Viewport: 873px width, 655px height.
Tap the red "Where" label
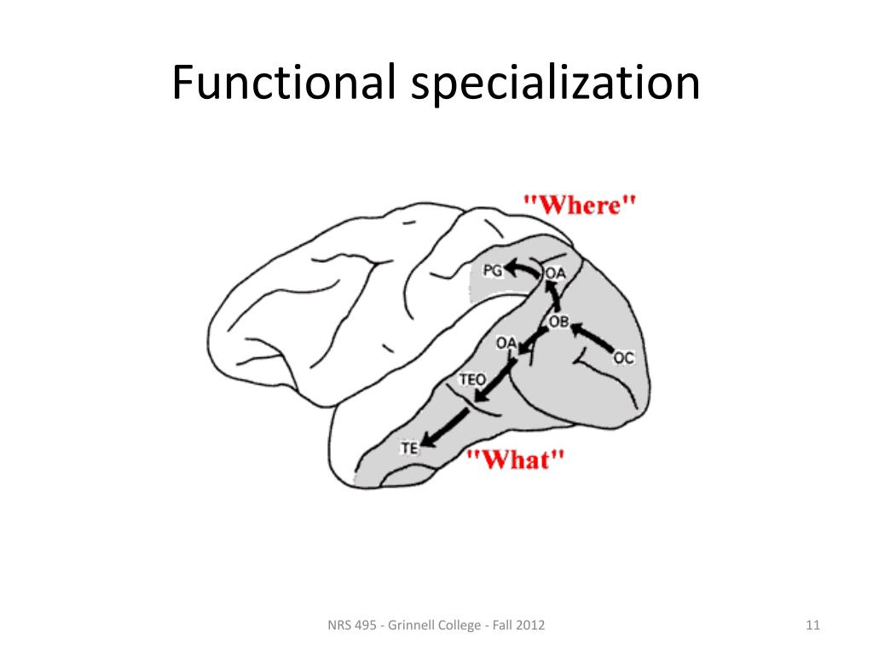point(580,205)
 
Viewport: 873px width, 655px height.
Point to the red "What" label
point(515,460)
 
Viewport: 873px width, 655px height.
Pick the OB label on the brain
point(558,322)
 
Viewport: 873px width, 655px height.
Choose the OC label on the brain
point(624,358)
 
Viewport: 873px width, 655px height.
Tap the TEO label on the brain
point(472,378)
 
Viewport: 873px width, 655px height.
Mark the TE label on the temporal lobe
point(409,447)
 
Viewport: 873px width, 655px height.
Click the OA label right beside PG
point(555,273)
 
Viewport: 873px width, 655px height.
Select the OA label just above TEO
point(506,344)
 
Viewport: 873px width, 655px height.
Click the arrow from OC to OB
point(593,337)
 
